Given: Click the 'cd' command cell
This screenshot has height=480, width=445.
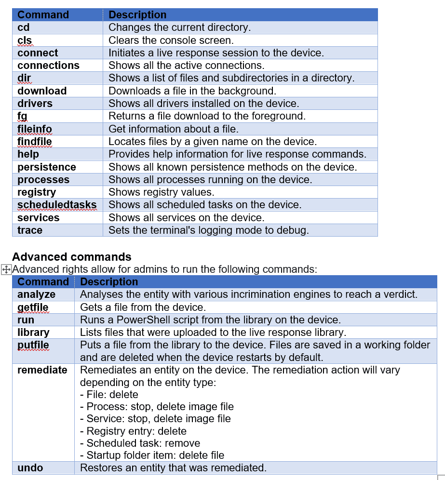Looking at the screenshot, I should [x=24, y=27].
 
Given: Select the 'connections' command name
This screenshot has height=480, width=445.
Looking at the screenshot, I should [x=48, y=65].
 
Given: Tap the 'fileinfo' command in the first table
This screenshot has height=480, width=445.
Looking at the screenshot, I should [x=35, y=129].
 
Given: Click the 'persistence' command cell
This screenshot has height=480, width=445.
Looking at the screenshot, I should [x=47, y=167].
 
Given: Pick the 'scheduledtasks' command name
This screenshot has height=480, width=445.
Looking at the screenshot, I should [x=57, y=205].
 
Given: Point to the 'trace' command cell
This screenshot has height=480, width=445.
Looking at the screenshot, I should [x=30, y=230].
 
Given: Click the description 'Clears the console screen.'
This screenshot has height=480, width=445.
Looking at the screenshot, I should [x=171, y=40].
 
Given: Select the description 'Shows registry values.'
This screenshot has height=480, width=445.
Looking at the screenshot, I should [x=161, y=192].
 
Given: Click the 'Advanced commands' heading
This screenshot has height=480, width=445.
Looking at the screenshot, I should [x=72, y=256].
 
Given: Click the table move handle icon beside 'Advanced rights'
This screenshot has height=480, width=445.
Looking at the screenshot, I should [x=6, y=269].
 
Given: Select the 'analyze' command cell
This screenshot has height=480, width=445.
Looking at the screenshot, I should [x=37, y=294].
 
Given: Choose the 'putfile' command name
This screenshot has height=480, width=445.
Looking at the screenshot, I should [x=33, y=345].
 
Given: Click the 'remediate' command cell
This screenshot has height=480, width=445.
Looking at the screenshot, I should [x=42, y=370].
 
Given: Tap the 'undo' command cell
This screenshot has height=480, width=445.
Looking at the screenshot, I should [x=30, y=467].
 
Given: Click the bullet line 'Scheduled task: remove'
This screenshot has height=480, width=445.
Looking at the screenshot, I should [x=140, y=443].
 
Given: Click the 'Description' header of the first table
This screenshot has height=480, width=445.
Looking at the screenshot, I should [x=137, y=15].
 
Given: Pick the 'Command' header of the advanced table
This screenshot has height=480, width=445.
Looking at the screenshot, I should [x=43, y=281].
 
